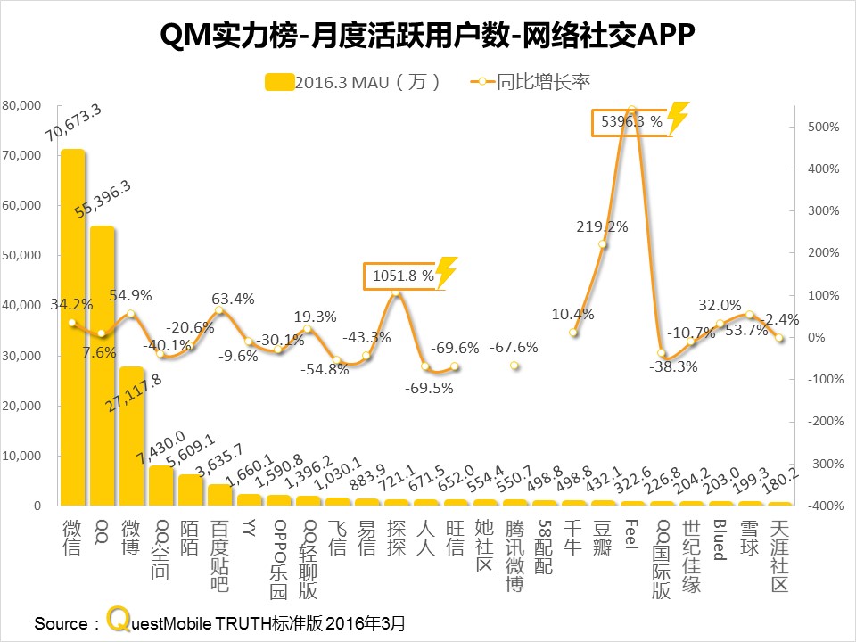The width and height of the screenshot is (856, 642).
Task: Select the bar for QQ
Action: (x=102, y=366)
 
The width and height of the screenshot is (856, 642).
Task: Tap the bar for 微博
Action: (x=131, y=436)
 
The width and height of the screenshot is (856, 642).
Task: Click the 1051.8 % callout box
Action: (x=400, y=276)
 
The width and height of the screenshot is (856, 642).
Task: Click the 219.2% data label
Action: (x=603, y=226)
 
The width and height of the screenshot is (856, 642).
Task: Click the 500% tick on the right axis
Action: (x=824, y=127)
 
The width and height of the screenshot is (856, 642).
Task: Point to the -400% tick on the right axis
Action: (x=822, y=506)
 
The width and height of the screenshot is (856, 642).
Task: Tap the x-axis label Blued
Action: (x=720, y=539)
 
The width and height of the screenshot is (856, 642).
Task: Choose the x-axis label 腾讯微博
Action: (x=514, y=554)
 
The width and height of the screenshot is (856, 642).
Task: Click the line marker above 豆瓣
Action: (x=603, y=244)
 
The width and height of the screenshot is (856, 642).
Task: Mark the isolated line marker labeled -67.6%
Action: (x=514, y=366)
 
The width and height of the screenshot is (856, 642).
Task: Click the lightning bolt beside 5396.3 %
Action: (x=679, y=119)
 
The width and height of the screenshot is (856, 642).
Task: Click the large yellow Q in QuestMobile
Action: (x=118, y=619)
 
